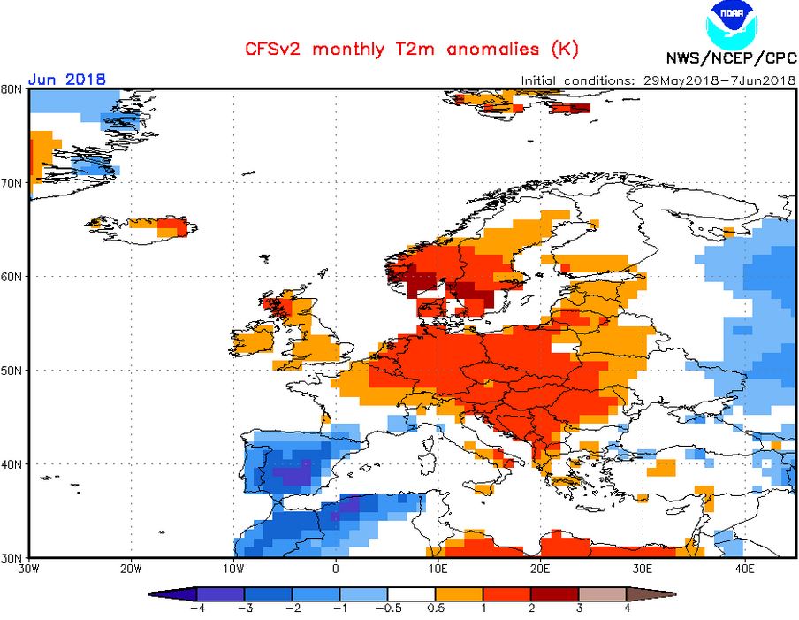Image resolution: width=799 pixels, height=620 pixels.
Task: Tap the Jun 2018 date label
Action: [x=67, y=79]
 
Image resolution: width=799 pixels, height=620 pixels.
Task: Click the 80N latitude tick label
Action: [x=11, y=88]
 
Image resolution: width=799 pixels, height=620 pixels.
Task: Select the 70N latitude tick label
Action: [x=11, y=182]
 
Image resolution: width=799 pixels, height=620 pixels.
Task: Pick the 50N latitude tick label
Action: [x=11, y=370]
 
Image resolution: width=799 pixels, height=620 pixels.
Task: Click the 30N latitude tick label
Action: [x=11, y=557]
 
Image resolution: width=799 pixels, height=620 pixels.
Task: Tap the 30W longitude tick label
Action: [x=28, y=569]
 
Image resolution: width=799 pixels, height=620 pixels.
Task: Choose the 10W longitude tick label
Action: [x=233, y=569]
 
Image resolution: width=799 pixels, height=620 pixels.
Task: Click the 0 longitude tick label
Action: [x=336, y=569]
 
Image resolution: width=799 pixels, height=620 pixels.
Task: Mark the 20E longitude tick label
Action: [x=540, y=569]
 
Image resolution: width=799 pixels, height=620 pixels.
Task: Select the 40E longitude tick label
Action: [x=744, y=569]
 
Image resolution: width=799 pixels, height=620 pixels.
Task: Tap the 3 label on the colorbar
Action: [x=580, y=609]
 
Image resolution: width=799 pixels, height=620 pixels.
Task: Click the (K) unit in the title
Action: [x=564, y=50]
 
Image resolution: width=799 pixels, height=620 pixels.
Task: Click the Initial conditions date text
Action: [x=658, y=80]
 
